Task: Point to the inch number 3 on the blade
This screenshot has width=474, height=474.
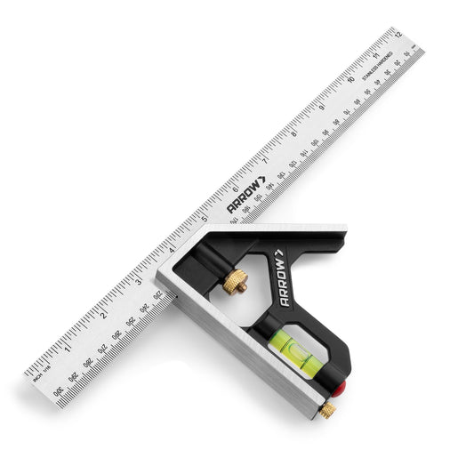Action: pos(137,282)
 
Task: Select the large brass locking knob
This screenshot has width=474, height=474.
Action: pos(234,283)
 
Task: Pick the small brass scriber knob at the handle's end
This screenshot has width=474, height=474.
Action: pos(329,410)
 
